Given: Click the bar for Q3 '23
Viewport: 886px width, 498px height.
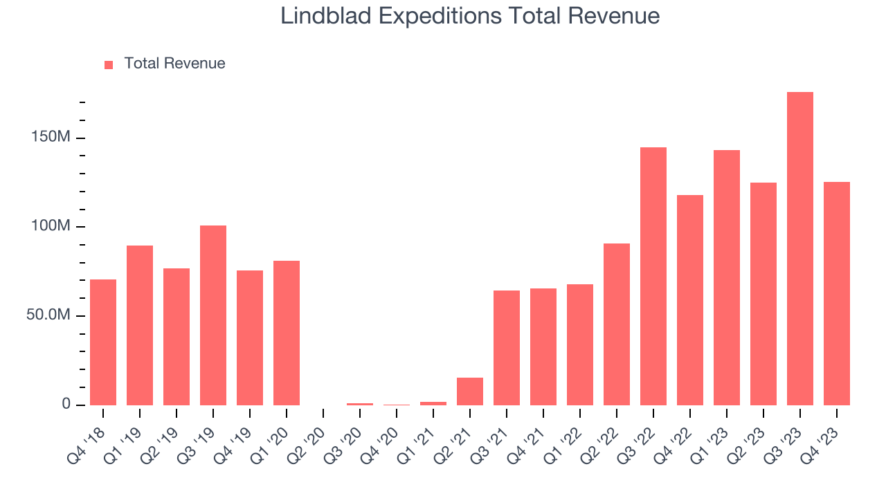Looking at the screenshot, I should (799, 249).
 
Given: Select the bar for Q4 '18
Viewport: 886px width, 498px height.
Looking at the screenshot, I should (103, 342).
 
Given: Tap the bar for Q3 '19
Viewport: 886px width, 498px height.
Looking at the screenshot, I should (213, 315).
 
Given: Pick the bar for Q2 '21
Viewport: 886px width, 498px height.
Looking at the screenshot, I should (470, 391).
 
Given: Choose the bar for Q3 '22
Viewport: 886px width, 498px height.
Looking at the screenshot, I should (653, 277).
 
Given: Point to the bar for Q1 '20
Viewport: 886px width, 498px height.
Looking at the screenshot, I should (287, 333).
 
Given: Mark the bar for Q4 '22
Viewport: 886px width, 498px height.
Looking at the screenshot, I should (689, 300).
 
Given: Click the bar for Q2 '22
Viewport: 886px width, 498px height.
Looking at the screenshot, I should (616, 324).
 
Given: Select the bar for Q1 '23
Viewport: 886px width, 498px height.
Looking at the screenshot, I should (726, 278).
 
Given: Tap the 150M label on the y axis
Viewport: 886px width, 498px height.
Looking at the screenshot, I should (51, 138).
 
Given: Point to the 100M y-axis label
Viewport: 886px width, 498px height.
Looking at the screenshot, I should (51, 227).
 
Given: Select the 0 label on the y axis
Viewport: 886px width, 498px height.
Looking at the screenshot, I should (66, 404).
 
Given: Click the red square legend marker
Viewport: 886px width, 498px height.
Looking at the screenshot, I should (109, 65).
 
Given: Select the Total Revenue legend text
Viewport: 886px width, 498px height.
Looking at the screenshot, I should (174, 64).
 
